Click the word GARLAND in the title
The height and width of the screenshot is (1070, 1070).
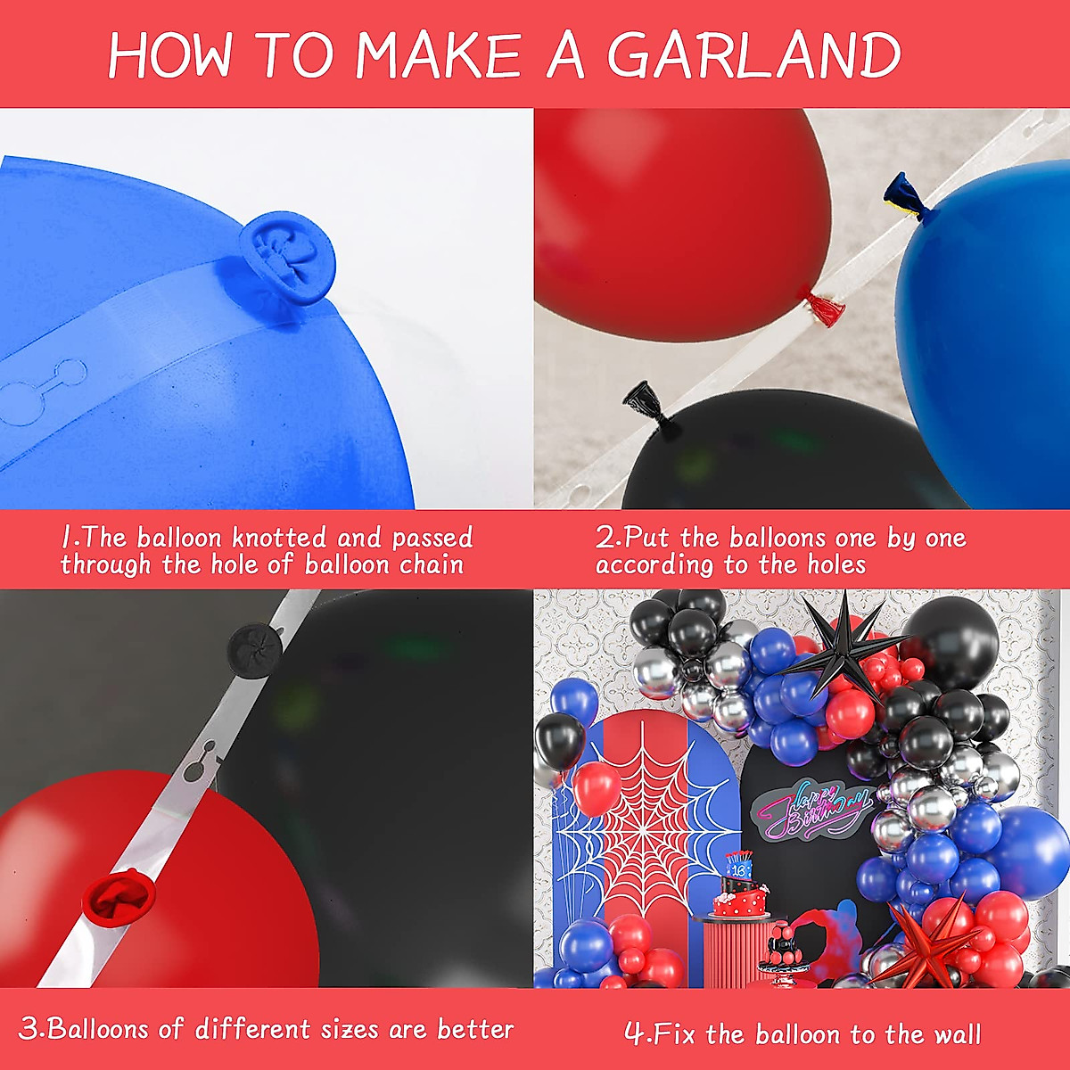point(753,55)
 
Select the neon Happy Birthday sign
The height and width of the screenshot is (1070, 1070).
point(808,808)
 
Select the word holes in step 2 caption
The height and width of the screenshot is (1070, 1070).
point(836,565)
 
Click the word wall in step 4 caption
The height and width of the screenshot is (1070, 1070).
point(957,1034)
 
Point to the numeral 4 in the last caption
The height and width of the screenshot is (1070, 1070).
point(635,1034)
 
